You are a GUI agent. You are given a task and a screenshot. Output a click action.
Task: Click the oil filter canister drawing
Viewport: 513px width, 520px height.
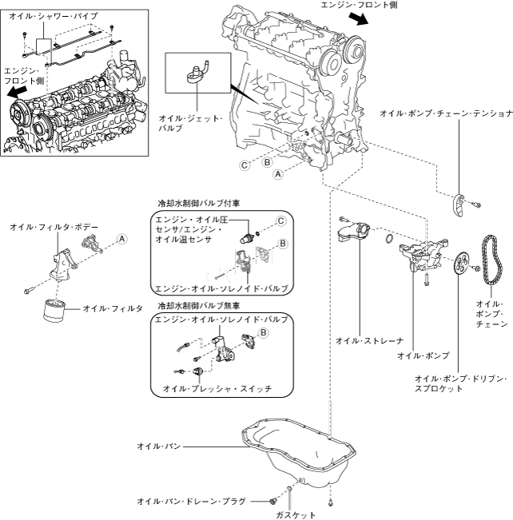coord(54,311)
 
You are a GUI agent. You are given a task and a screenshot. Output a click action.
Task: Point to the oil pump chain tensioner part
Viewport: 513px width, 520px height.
coord(459,205)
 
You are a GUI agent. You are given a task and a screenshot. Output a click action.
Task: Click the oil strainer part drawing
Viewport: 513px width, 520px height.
coord(353,232)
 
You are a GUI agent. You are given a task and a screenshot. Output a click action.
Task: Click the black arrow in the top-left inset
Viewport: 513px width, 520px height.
coord(17,92)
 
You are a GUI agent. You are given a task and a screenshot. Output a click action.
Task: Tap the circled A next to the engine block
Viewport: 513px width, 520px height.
coord(278,174)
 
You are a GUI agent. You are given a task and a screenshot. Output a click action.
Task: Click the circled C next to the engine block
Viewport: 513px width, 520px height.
coord(245,165)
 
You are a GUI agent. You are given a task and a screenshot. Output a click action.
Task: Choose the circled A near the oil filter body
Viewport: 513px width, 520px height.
coord(122,239)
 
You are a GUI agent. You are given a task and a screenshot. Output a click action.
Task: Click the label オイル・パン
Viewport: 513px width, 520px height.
coord(159,446)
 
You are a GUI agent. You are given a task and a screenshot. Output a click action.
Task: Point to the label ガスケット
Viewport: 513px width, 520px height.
coord(296,514)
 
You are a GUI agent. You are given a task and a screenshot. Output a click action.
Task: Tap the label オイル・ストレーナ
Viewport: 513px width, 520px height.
coord(370,340)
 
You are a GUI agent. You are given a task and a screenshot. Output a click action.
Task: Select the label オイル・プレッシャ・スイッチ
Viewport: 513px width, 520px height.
coord(217,388)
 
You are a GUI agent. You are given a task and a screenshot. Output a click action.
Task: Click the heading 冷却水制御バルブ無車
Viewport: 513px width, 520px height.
coord(198,305)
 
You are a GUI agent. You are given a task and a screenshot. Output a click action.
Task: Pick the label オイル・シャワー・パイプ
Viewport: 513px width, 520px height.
coord(54,16)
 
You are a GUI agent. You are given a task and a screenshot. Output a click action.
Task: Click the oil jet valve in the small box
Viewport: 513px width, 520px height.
coord(197,73)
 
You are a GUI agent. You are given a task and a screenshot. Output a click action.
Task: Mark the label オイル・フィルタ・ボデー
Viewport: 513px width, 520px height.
coord(54,227)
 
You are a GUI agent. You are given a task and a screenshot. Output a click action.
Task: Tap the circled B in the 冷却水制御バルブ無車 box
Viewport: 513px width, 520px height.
coord(264,332)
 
